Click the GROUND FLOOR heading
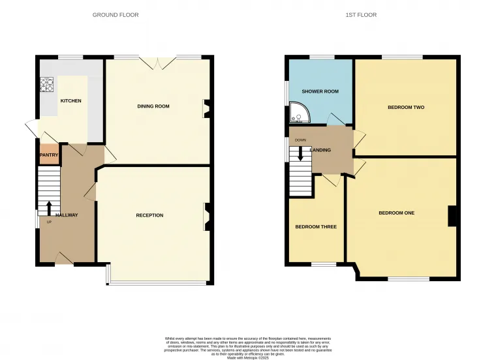click(x=116, y=14)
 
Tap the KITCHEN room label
click(x=71, y=101)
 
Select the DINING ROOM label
click(x=153, y=106)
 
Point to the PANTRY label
click(x=50, y=155)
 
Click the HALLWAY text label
click(x=67, y=215)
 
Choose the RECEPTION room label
click(x=149, y=215)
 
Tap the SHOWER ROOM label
click(x=320, y=91)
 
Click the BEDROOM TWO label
click(x=406, y=107)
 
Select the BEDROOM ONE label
click(x=397, y=213)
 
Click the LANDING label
click(x=321, y=150)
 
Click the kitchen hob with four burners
click(x=48, y=84)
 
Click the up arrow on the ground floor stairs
click(x=49, y=207)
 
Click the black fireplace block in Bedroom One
click(x=451, y=216)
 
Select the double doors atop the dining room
click(x=158, y=63)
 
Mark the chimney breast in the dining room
click(x=208, y=108)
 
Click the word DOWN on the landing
click(x=300, y=140)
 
